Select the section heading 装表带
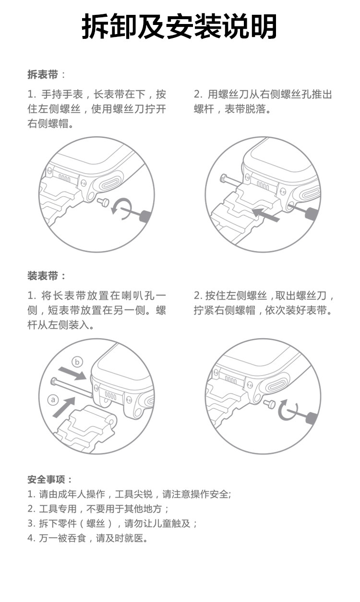(x=43, y=276)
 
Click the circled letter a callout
(x=53, y=399)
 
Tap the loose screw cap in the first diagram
(x=103, y=202)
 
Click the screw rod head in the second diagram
(x=223, y=178)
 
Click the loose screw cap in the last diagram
(x=271, y=404)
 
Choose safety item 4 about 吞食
(x=87, y=538)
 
